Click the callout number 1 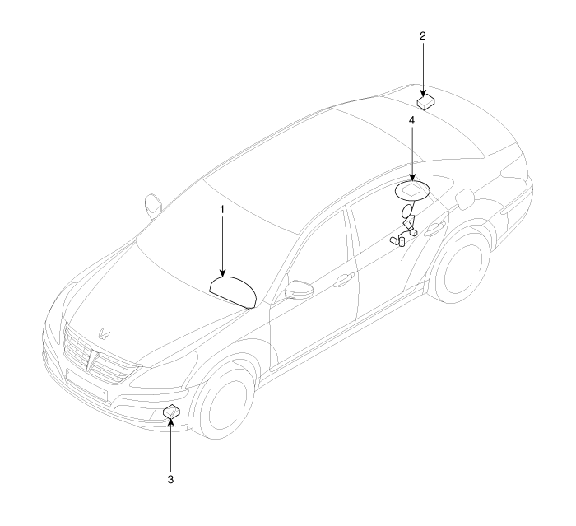click(222, 210)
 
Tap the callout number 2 click(423, 36)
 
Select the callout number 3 click(170, 479)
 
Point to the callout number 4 click(411, 120)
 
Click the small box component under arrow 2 click(426, 102)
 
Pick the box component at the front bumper click(171, 412)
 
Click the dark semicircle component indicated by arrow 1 click(233, 291)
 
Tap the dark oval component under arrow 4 click(412, 191)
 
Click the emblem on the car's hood click(104, 333)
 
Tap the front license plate click(86, 384)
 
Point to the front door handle click(344, 280)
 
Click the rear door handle click(435, 230)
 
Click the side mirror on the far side click(153, 205)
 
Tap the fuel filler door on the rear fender click(465, 198)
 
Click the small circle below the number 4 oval click(407, 212)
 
